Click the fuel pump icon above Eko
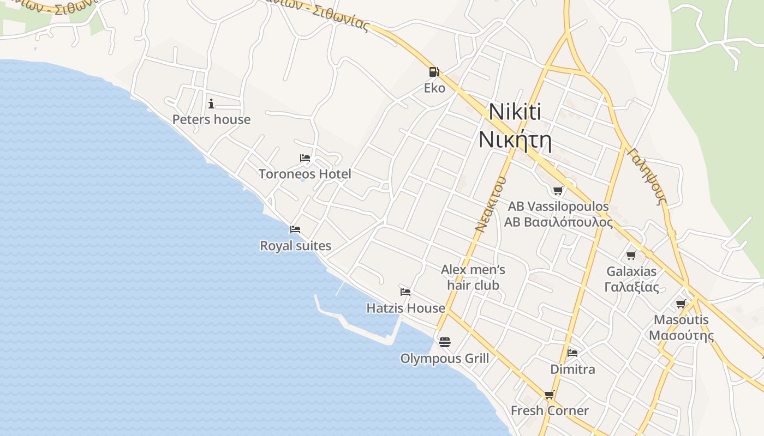[x=434, y=71]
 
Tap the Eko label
[x=434, y=88]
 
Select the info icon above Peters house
[x=211, y=104]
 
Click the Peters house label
[x=211, y=119]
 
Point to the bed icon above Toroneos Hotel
[x=305, y=158]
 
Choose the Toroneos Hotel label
[x=305, y=174]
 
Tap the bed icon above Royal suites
[x=295, y=229]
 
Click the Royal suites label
[x=295, y=246]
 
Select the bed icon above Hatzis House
[x=405, y=292]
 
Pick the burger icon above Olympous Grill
[x=444, y=342]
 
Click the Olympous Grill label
[x=444, y=359]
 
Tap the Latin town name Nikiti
[x=515, y=112]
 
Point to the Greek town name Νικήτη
[x=515, y=140]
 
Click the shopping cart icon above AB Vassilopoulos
[x=558, y=190]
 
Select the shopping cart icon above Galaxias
[x=631, y=255]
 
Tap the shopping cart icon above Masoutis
[x=681, y=304]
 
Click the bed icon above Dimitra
[x=572, y=353]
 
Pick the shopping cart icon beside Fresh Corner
[x=549, y=395]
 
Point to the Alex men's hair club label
[x=473, y=277]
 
